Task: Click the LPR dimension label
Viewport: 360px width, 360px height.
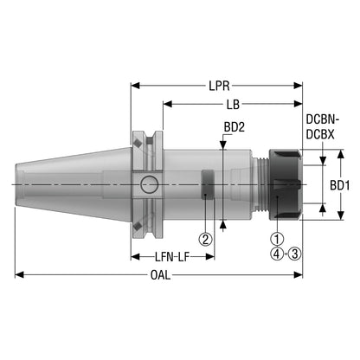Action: tap(219, 86)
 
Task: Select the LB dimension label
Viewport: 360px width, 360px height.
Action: tap(233, 105)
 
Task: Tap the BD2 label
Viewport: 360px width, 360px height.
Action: tap(235, 127)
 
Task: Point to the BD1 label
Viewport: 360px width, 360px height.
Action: tap(340, 185)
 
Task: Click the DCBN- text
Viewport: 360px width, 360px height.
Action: tap(323, 119)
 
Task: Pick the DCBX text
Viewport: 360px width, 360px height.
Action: tap(320, 134)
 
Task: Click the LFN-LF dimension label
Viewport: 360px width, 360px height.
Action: tap(172, 257)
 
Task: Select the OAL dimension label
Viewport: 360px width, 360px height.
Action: tap(161, 275)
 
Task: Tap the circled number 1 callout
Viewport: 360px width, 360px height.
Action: tap(277, 239)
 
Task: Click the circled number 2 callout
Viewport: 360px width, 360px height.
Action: tap(205, 239)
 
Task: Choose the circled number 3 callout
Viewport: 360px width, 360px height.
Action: tap(294, 254)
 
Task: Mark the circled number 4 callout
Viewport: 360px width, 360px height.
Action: tap(277, 254)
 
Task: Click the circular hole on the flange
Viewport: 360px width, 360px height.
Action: tap(150, 184)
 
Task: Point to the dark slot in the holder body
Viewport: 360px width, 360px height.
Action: tap(208, 184)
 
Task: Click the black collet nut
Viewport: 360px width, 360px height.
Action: tap(285, 184)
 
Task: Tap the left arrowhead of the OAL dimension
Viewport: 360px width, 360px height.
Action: tap(19, 275)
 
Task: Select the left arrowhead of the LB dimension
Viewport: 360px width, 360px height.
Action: tap(168, 104)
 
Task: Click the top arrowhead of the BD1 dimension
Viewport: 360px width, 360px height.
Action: tap(341, 154)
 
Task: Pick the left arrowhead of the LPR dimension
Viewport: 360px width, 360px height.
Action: tap(135, 86)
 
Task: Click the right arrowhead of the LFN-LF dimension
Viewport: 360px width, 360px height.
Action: tap(209, 257)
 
